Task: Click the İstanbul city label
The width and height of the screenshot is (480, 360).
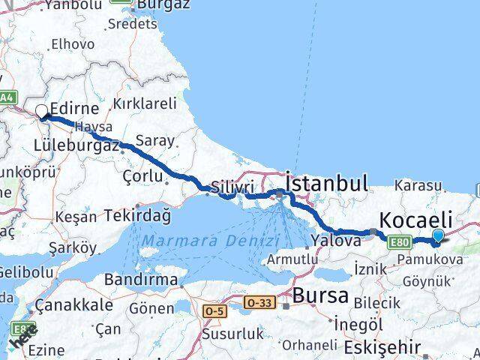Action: coord(326,184)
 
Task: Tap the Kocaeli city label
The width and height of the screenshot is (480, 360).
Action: coord(416,220)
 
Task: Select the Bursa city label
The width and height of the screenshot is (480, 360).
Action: coord(321,294)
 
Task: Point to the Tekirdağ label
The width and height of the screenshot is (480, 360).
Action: coord(138,215)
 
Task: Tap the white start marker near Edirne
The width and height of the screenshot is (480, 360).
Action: coord(42,112)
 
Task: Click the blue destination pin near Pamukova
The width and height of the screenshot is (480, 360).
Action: coord(439,237)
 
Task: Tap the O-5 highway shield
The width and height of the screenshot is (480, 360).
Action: coord(214,310)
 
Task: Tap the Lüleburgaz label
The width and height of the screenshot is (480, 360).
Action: coord(77,145)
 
